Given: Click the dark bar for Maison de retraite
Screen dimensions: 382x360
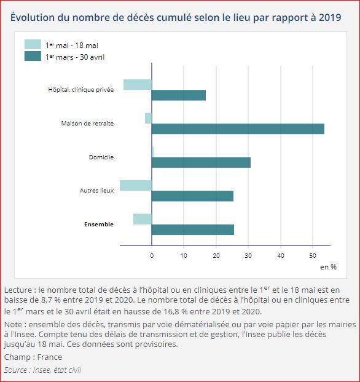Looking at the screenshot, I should tap(238, 129).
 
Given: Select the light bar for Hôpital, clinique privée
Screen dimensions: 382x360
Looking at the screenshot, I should tap(137, 84).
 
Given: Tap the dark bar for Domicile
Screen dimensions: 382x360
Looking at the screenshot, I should tap(201, 162).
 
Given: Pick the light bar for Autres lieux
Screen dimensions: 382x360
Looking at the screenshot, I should tap(136, 185).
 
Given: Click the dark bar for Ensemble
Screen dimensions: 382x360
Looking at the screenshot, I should tap(192, 229).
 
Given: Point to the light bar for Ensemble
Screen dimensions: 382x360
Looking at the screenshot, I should tap(143, 219).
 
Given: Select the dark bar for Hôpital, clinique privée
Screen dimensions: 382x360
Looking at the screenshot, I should tap(179, 95).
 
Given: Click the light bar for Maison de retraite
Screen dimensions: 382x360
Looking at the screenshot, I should tap(148, 118).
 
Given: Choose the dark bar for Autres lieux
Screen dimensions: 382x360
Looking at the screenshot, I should tap(192, 196).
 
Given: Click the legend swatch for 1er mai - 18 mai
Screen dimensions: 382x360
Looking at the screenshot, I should tap(33, 44).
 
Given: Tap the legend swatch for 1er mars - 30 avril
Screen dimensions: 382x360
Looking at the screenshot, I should tap(33, 56).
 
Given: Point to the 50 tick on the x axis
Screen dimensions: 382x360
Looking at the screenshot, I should tap(313, 255).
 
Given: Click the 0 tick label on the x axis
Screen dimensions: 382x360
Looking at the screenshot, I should tap(152, 255).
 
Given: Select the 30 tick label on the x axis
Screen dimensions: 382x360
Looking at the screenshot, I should tap(248, 255).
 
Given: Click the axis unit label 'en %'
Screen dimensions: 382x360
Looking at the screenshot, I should tap(328, 267).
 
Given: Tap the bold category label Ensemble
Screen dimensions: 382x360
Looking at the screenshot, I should tap(98, 225).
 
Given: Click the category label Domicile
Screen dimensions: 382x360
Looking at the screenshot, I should tap(101, 157).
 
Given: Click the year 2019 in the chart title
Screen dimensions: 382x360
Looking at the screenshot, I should tap(331, 17).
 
